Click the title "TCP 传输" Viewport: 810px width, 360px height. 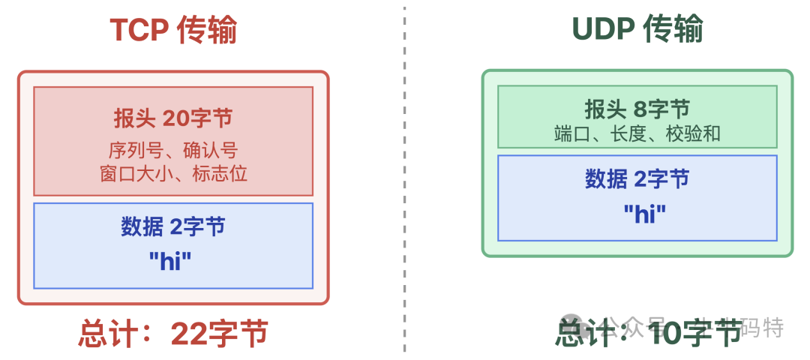173,31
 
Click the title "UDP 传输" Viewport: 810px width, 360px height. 637,30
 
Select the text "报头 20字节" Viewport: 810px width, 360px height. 173,118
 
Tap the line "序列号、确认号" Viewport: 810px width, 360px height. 173,150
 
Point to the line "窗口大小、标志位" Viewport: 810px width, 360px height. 173,174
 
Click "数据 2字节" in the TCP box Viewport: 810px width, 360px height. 173,226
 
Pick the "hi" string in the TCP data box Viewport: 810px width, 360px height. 170,261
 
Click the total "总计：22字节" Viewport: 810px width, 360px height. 173,334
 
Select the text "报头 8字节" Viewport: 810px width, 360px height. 637,109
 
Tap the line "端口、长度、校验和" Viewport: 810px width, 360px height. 637,133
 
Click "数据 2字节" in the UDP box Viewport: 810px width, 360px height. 637,179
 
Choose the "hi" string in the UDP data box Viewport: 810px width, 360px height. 645,214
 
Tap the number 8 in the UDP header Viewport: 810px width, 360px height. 640,109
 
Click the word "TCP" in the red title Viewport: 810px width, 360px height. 138,31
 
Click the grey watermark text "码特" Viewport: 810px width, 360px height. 762,328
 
